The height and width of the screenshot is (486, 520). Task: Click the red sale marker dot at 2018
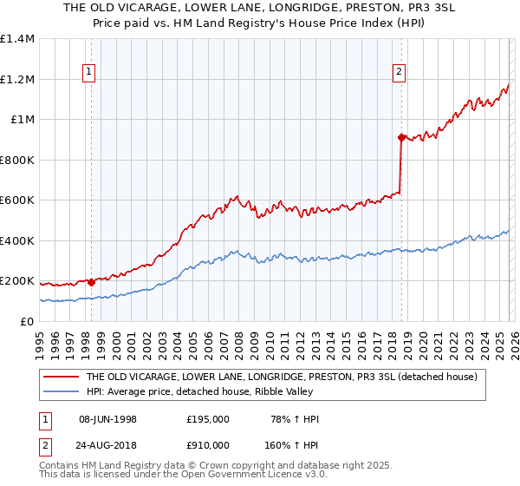(x=401, y=137)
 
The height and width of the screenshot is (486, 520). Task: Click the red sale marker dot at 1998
(x=91, y=282)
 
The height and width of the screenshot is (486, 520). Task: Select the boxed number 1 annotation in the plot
(x=90, y=73)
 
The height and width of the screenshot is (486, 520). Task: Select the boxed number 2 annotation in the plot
(x=400, y=73)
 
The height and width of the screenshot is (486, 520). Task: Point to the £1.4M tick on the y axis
(x=17, y=39)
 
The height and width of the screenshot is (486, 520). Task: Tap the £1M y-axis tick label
(x=22, y=120)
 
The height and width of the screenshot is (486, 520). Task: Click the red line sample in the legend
(x=61, y=378)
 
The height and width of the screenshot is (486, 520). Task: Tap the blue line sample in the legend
(x=61, y=392)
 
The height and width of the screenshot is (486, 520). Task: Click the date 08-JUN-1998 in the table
(x=107, y=419)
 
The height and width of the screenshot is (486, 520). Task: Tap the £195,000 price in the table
(x=208, y=419)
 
